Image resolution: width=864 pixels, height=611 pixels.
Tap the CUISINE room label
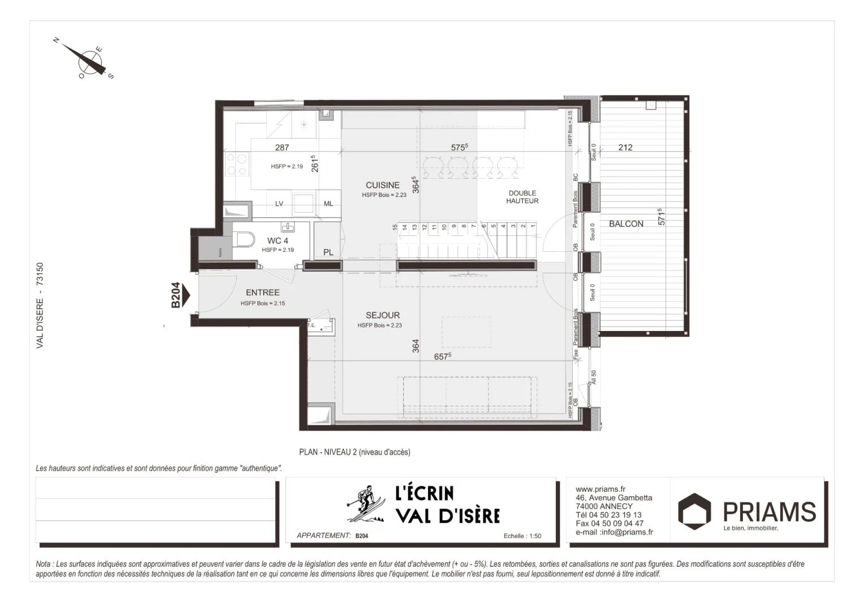[x=382, y=185]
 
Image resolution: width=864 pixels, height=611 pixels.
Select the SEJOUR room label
[x=382, y=315]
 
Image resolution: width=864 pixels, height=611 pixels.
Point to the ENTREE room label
[x=262, y=292]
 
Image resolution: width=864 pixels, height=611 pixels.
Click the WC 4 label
[x=278, y=240]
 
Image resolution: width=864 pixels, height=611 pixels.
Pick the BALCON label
[x=626, y=224]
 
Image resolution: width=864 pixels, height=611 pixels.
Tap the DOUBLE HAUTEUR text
[x=522, y=197]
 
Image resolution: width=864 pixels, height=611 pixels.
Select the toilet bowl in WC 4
[x=244, y=240]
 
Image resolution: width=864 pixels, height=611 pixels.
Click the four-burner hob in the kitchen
[x=236, y=163]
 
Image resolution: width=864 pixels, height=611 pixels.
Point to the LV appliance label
[x=279, y=204]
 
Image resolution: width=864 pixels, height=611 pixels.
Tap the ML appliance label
[x=328, y=204]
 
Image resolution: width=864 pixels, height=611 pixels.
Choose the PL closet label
[x=328, y=252]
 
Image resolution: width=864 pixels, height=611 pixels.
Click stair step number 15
[x=395, y=227]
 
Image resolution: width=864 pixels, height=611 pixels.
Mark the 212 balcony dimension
[x=625, y=147]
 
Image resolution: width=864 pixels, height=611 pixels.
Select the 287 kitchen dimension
[x=282, y=147]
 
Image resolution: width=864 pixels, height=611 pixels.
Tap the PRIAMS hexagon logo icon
[x=694, y=511]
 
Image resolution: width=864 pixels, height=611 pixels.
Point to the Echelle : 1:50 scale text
[x=522, y=536]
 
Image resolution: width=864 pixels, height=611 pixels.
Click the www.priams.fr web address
[x=600, y=489]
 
